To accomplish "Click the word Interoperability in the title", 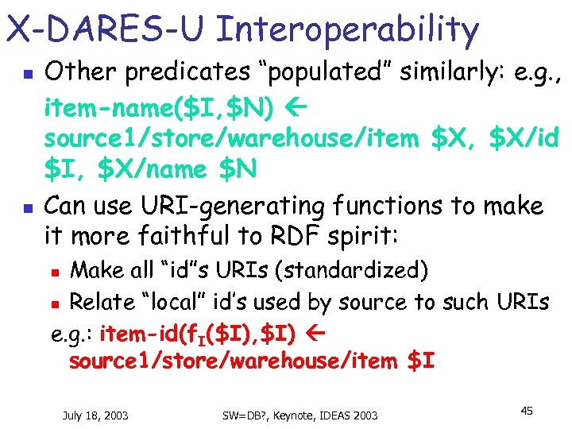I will (347, 30).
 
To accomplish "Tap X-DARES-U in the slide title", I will (106, 30).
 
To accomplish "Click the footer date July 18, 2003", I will (95, 415).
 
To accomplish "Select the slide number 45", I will (526, 410).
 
